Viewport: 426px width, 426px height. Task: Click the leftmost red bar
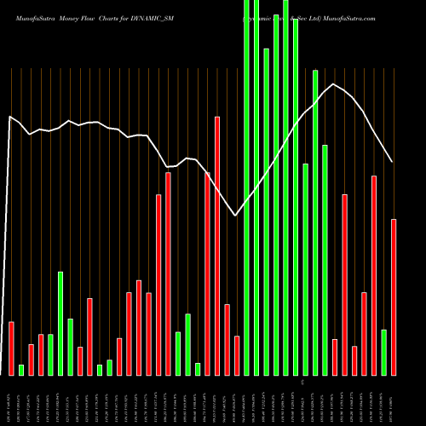point(11,348)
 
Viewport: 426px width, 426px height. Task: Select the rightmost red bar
point(394,296)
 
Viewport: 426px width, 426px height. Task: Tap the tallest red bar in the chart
point(217,245)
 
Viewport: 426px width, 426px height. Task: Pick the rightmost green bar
point(383,352)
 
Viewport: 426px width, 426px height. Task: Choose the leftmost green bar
point(21,370)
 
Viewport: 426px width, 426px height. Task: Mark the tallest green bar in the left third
point(60,323)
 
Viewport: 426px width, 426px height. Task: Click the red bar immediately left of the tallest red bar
point(207,273)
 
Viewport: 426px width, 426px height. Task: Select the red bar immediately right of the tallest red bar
point(227,339)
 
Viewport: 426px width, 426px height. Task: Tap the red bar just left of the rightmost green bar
point(374,275)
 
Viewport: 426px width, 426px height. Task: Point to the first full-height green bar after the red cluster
point(247,187)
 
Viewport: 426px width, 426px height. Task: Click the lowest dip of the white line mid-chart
point(236,216)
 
